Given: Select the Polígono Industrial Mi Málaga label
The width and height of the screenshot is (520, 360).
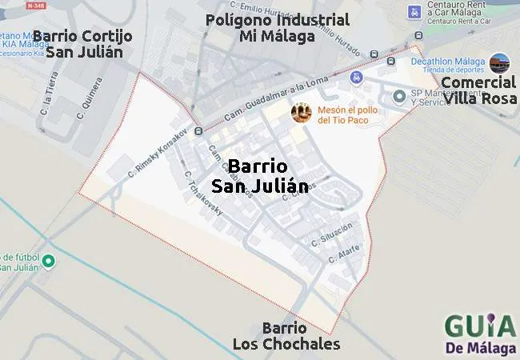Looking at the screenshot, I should [x=277, y=28].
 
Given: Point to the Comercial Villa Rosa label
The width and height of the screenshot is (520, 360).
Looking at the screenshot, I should [x=479, y=90].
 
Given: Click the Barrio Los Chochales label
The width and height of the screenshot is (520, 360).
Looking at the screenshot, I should [x=286, y=336].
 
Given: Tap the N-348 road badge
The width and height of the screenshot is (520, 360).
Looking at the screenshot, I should [x=35, y=6].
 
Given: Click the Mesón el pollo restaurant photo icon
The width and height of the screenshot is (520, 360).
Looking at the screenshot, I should [x=302, y=113].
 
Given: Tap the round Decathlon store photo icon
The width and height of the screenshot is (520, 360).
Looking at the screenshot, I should [x=500, y=62].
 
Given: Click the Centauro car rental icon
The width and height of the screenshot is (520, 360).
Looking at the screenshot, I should [x=414, y=12].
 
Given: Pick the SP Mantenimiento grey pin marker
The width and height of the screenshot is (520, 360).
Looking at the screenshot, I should [x=399, y=97].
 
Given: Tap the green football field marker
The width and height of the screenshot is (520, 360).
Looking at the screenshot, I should [x=48, y=261].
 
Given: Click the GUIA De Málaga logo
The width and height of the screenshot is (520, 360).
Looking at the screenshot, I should [x=479, y=334].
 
